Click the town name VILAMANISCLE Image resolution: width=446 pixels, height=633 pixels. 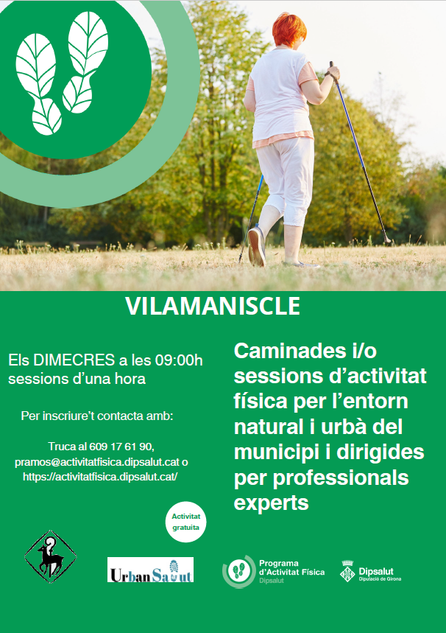point(213,306)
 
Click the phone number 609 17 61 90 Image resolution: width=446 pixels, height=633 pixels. point(121,447)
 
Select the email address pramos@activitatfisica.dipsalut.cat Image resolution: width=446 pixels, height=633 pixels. point(97,462)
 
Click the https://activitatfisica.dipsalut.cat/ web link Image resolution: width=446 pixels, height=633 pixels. point(100,477)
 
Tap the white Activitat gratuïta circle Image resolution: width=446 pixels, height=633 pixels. point(185,522)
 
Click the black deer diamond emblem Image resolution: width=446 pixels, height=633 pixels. point(50,556)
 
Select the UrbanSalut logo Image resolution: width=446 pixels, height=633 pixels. point(150,570)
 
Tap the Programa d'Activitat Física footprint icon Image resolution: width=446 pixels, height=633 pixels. point(238,571)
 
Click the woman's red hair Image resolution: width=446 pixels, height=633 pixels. point(289,29)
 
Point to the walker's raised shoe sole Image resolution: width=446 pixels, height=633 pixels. point(256,246)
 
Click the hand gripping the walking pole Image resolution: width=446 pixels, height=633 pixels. point(333,74)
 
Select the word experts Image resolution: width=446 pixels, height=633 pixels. point(272,503)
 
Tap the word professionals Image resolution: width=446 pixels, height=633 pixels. point(341,478)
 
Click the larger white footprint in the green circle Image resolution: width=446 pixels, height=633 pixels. point(39,84)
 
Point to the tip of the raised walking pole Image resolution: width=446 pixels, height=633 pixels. point(389,242)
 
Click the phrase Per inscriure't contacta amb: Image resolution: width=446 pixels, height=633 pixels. point(97,416)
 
